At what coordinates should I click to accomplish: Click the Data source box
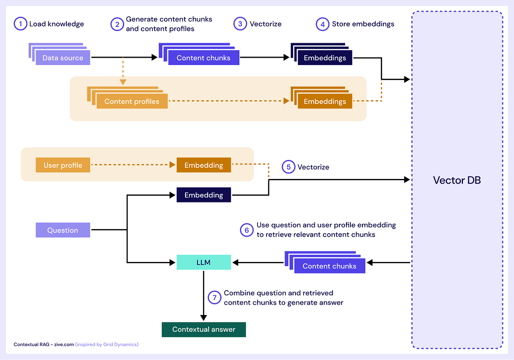[63, 58]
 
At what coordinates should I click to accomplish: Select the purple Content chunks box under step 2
[203, 58]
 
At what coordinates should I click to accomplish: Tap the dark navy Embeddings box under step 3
[325, 58]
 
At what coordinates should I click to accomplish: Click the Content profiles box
[131, 101]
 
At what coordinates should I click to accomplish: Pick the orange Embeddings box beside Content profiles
[325, 101]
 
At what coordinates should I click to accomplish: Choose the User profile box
[63, 165]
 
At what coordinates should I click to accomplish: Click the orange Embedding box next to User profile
[203, 165]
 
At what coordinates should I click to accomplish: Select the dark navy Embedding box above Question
[203, 195]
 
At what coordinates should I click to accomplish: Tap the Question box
[63, 230]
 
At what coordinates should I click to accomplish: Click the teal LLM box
[203, 262]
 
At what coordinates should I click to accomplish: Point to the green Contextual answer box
[203, 329]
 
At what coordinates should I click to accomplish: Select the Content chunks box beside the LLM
[329, 266]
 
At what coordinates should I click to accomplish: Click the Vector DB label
[457, 180]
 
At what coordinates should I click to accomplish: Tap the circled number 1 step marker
[20, 24]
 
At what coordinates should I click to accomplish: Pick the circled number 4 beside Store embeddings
[323, 24]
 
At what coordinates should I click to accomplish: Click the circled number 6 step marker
[246, 230]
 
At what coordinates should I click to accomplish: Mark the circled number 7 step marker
[214, 298]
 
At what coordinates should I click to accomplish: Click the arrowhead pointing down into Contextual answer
[203, 318]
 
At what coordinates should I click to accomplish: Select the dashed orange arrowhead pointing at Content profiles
[123, 82]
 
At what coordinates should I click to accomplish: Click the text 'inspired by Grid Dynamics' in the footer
[107, 344]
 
